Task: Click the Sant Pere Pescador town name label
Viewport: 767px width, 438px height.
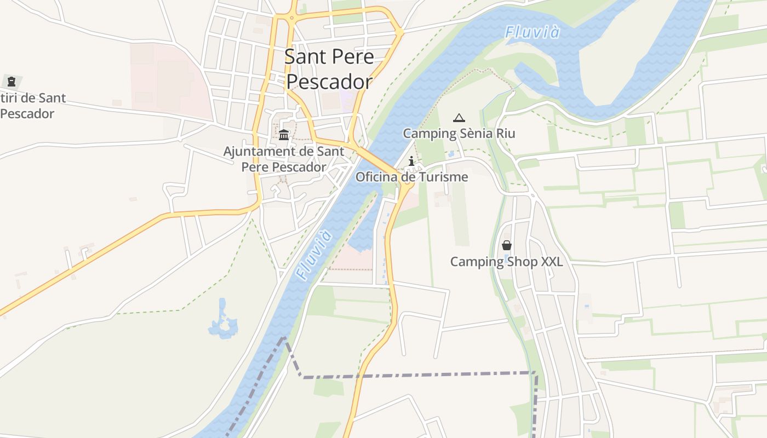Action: coord(330,69)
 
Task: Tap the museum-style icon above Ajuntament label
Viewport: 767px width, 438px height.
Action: coord(284,135)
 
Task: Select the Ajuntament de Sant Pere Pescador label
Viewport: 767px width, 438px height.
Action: coord(284,159)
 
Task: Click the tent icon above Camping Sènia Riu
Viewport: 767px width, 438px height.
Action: coord(459,118)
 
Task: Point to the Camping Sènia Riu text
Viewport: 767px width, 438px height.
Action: coord(459,134)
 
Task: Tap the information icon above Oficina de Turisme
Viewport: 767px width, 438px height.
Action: coord(411,161)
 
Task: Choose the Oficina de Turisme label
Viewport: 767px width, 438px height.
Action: coord(411,177)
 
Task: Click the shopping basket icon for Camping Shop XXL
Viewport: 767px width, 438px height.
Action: coord(507,246)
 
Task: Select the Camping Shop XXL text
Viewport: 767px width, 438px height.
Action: coord(506,262)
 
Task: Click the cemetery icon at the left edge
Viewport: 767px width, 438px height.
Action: coord(11,82)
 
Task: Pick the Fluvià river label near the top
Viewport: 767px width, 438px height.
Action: coord(533,32)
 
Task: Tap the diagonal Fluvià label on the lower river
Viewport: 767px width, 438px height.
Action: coord(313,256)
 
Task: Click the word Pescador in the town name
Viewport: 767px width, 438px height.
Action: coord(330,82)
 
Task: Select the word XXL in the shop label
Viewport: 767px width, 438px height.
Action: coord(552,262)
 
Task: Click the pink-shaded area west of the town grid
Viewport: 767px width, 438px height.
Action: coord(164,82)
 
